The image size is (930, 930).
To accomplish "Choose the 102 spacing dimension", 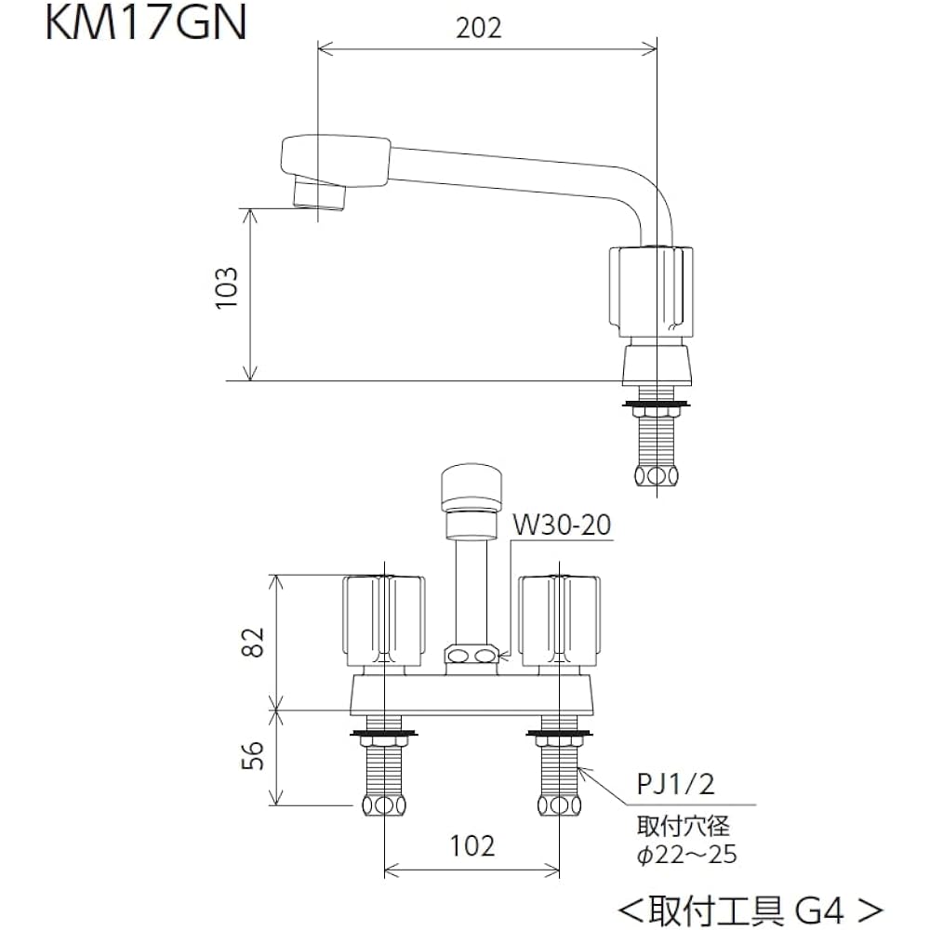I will pos(472,845).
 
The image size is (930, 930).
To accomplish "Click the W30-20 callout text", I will pos(562,525).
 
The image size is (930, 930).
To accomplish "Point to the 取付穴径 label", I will pos(683,825).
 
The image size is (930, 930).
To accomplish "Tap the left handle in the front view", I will pos(384,620).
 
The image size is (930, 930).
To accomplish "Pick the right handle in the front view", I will pos(560,620).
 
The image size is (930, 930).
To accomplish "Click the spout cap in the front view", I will pos(472,487).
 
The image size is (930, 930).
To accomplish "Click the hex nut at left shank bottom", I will pos(384,805).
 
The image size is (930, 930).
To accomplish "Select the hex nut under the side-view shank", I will pos(658,476).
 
